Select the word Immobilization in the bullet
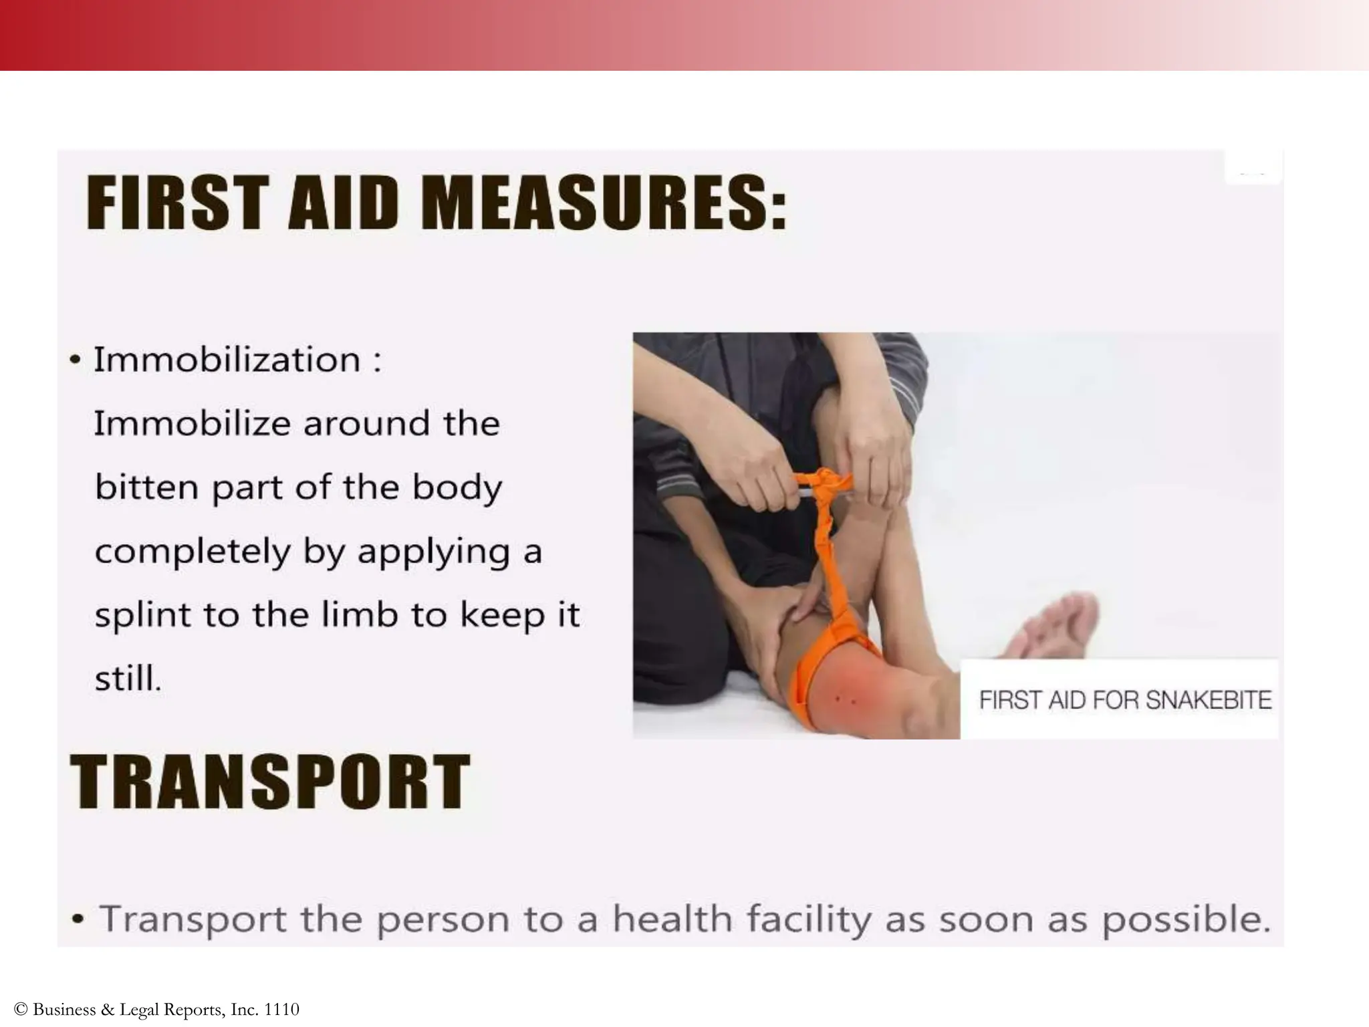[x=227, y=360]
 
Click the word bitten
[x=146, y=487]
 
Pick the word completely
[x=193, y=552]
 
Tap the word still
[x=128, y=678]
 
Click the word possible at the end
[x=1185, y=921]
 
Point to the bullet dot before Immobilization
[x=76, y=361]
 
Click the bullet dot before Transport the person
[x=79, y=920]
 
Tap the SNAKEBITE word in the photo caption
[x=1209, y=700]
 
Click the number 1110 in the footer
[x=281, y=1009]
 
